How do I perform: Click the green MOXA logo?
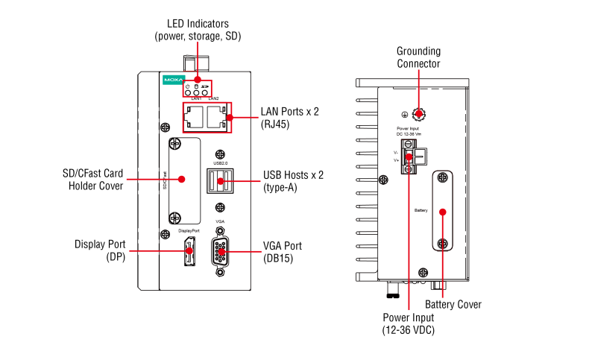[172, 78]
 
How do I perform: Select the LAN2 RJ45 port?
[216, 116]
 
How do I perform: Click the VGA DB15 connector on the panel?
[220, 252]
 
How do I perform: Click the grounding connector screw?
[419, 114]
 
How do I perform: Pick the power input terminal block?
[409, 156]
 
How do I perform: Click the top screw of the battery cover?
[442, 179]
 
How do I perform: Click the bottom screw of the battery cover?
[442, 244]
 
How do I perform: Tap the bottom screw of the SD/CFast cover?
[174, 218]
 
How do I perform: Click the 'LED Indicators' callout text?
[197, 30]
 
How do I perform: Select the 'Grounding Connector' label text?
[418, 57]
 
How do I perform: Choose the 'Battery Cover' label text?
[453, 304]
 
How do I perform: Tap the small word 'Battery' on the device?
[421, 211]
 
